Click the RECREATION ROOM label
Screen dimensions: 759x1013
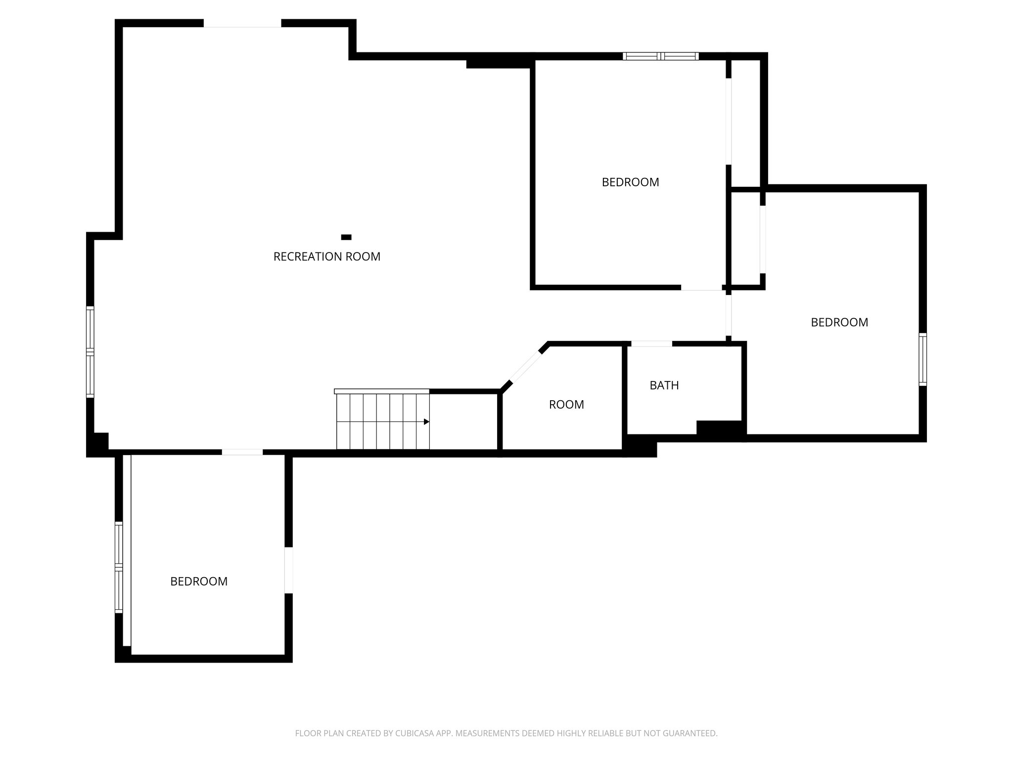[x=326, y=256]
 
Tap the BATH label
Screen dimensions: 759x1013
[x=664, y=385]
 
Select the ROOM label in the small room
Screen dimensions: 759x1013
[x=566, y=405]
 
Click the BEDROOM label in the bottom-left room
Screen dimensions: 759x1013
[x=199, y=582]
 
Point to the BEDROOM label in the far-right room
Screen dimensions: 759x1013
[x=839, y=322]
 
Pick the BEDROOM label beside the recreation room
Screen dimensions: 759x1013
[x=630, y=182]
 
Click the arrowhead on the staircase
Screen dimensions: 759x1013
[x=426, y=422]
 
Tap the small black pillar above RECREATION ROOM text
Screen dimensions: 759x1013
[x=346, y=237]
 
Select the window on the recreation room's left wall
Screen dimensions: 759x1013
[x=90, y=351]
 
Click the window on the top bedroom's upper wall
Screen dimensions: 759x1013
[x=660, y=56]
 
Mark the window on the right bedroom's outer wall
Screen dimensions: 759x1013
[x=922, y=359]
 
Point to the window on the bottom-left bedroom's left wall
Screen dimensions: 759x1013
[x=119, y=567]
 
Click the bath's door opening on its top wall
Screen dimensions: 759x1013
[x=651, y=344]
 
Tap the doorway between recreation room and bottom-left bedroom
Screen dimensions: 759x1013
[x=242, y=452]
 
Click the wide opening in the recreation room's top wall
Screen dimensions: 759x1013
[x=242, y=23]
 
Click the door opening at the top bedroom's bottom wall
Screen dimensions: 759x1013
[x=701, y=287]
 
